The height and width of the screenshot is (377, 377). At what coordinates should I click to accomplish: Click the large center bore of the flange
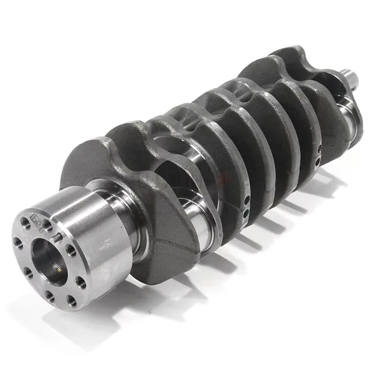[x=49, y=262]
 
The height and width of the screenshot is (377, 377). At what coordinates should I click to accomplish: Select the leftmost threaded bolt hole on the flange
[x=18, y=243]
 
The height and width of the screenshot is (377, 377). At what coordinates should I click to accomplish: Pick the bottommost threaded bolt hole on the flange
[x=72, y=301]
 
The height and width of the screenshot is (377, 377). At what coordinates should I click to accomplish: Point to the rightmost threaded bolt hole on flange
[x=81, y=282]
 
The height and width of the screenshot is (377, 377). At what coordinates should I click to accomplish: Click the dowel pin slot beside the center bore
[x=57, y=238]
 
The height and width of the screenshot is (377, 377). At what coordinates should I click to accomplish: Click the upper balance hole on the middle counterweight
[x=246, y=200]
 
